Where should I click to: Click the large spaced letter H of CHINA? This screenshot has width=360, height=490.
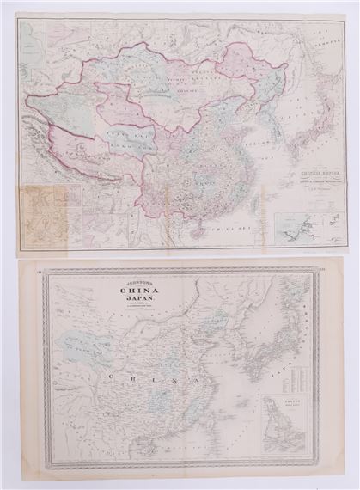(x=127, y=377)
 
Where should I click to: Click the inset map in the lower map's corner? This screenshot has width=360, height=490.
(x=284, y=422)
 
